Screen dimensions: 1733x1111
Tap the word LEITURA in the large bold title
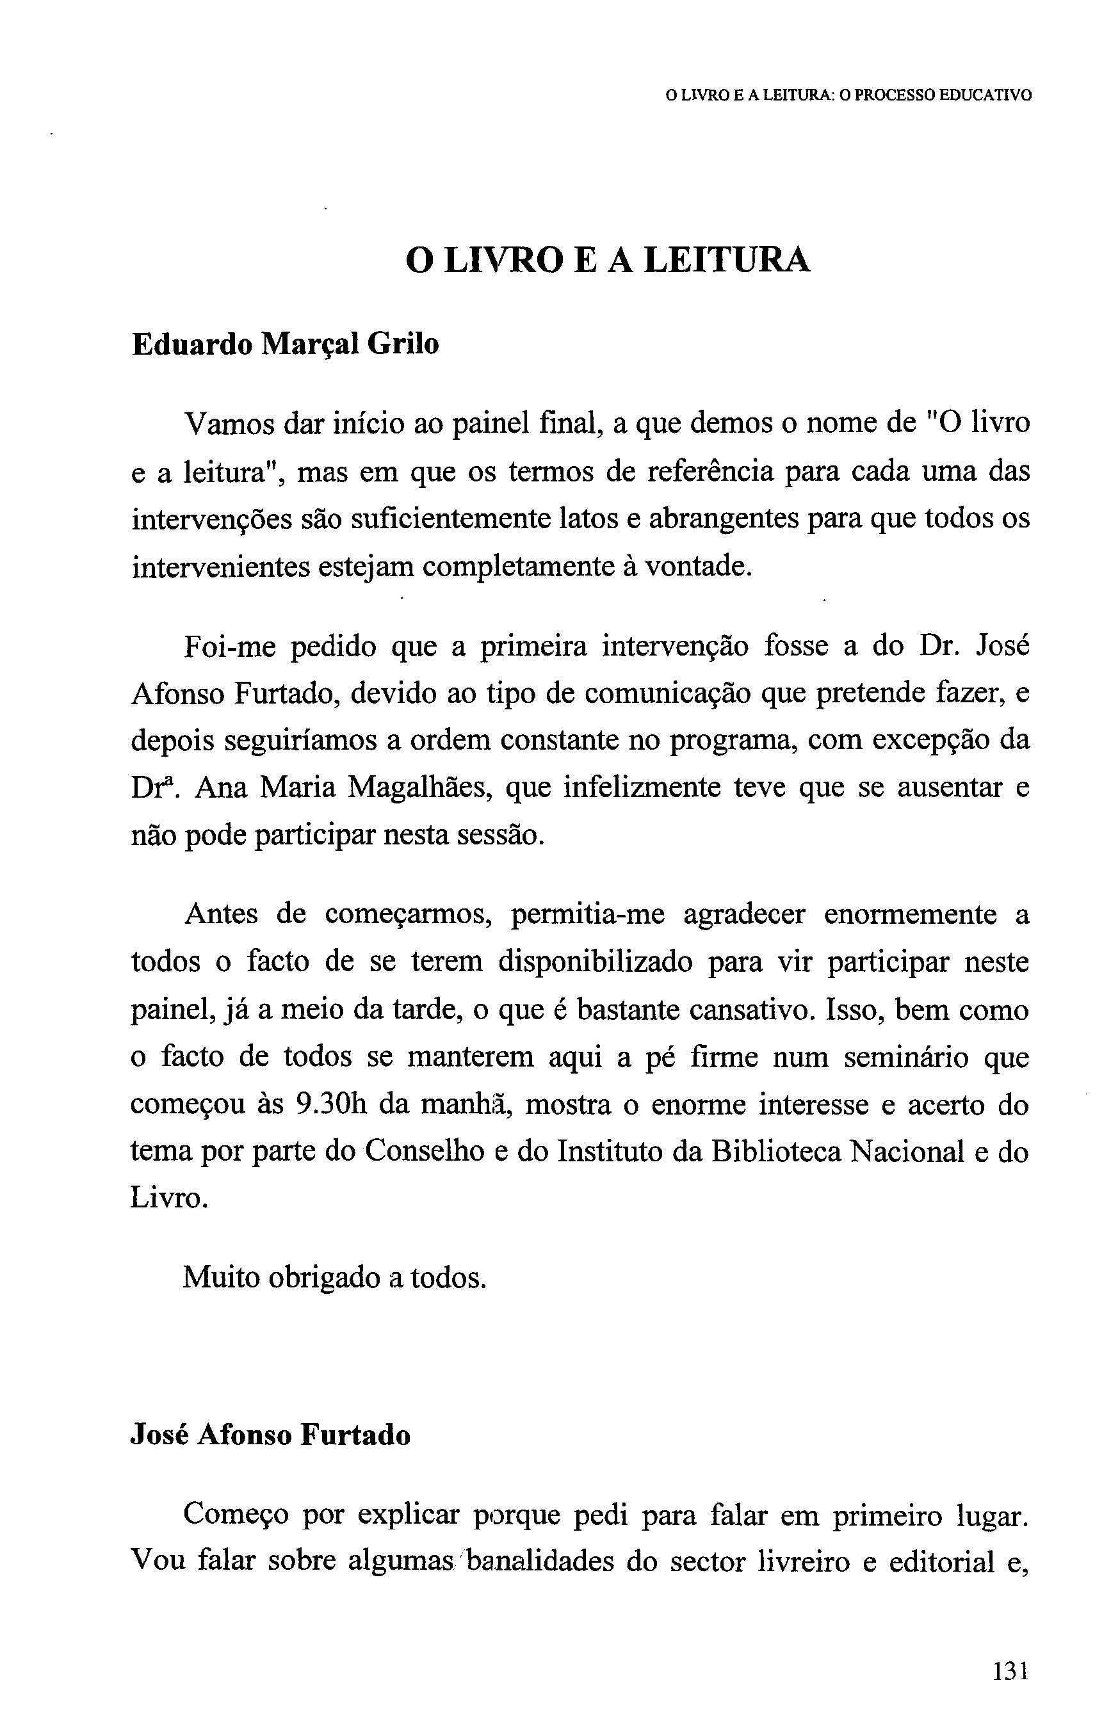[x=727, y=261]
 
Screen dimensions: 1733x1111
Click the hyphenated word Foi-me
[x=230, y=646]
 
